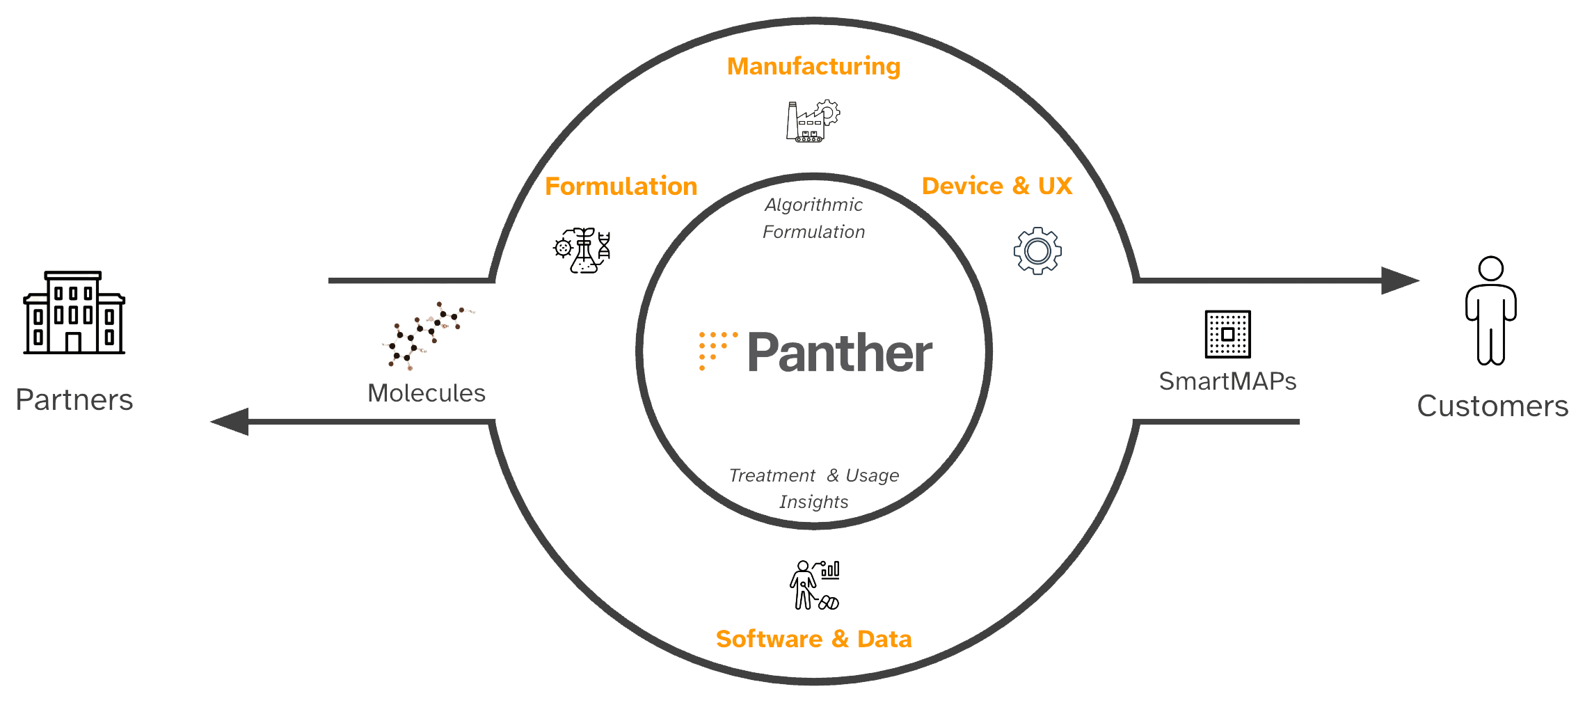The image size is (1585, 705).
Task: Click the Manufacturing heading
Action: tap(813, 67)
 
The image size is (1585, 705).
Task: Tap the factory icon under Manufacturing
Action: tap(813, 122)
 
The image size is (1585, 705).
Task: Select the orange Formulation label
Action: tap(621, 187)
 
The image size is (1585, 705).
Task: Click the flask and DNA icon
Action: tap(583, 251)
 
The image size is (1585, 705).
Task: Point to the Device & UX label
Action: tap(996, 187)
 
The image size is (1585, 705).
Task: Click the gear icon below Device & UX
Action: tap(1037, 251)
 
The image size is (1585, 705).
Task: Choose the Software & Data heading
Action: tap(813, 639)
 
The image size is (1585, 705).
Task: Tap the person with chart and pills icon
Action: tap(814, 585)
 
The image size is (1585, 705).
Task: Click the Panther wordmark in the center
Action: tap(840, 353)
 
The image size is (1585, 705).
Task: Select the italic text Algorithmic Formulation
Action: tap(813, 219)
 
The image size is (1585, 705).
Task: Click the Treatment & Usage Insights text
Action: tap(813, 489)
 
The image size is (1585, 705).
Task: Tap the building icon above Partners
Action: tap(74, 313)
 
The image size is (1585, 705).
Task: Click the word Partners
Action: tap(74, 400)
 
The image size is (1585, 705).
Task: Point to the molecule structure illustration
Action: tap(427, 335)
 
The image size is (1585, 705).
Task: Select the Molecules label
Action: tap(427, 393)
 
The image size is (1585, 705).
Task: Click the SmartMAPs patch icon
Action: tap(1227, 334)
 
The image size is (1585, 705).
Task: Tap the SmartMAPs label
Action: tap(1227, 381)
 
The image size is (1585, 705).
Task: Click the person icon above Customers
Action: tap(1491, 310)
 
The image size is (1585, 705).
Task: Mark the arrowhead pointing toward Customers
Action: tap(1399, 281)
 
